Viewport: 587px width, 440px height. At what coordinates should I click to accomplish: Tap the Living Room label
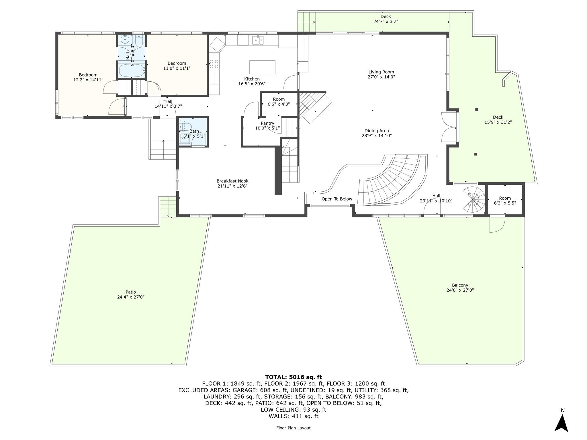coord(381,72)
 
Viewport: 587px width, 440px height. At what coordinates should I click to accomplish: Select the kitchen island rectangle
coord(262,67)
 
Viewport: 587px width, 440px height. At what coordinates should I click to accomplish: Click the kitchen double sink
coord(258,40)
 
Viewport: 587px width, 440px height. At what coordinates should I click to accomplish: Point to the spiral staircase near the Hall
coord(474,199)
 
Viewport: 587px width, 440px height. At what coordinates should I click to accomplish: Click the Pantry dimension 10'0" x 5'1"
coord(267,128)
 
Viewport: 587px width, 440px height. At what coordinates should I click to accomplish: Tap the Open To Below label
coord(336,199)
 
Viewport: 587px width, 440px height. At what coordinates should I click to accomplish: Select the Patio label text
coord(130,292)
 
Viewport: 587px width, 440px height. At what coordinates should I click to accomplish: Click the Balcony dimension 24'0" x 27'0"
coord(460,290)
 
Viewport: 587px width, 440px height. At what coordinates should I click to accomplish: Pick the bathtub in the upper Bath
coord(132,70)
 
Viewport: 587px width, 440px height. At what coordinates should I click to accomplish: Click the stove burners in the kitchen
coord(214,64)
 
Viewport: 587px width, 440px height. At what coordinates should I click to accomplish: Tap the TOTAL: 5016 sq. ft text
coord(293,377)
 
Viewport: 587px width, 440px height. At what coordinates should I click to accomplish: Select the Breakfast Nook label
coord(232,181)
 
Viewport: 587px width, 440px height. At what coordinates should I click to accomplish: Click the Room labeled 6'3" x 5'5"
coord(505,200)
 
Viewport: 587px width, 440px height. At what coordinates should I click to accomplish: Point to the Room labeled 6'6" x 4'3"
coord(279,102)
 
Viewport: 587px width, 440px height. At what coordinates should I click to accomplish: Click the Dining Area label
coord(376,131)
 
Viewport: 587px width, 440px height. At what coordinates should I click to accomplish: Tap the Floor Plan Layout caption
coord(293,428)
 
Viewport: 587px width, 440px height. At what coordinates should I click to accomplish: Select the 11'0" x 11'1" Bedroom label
coord(177,66)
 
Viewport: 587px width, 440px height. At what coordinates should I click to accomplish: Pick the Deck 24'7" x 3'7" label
coord(386,19)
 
